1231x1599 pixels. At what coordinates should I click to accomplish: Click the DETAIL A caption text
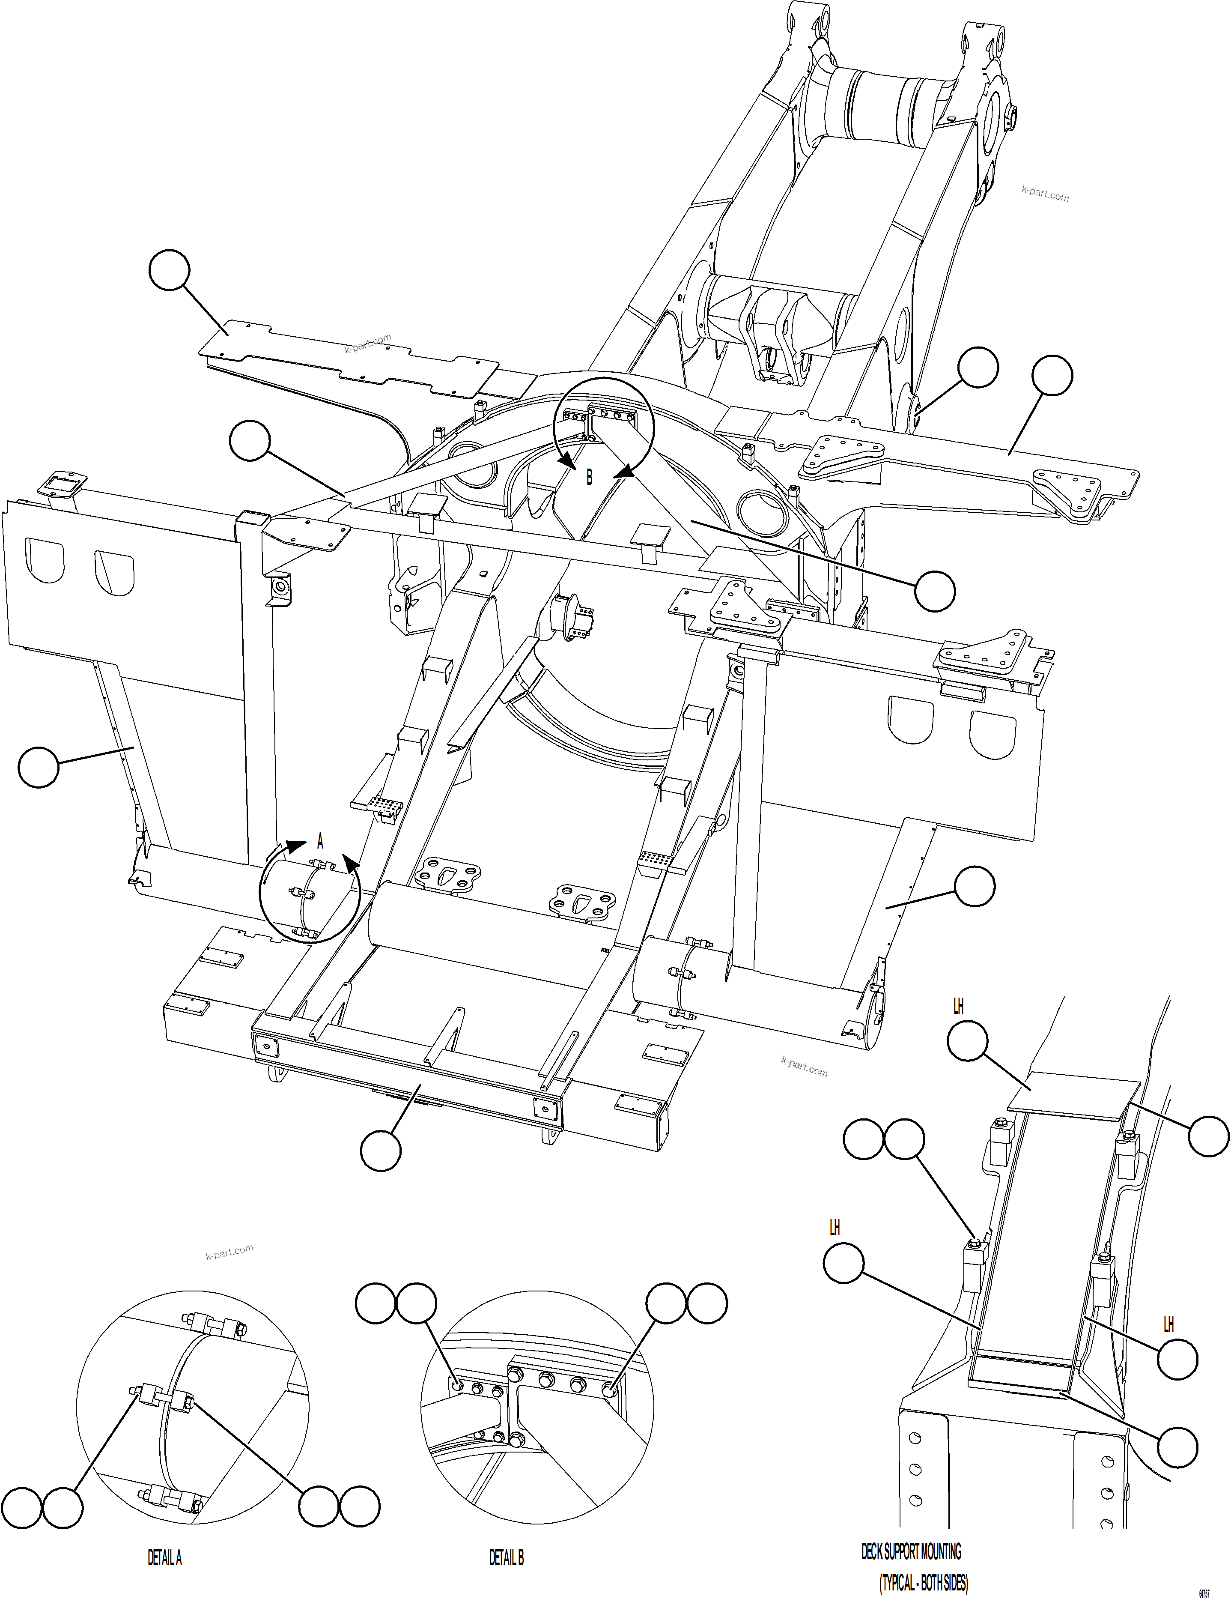165,1558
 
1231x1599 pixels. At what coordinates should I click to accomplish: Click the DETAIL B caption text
507,1558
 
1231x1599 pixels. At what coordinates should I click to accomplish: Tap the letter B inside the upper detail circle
589,478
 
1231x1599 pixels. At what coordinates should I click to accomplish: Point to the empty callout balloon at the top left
169,270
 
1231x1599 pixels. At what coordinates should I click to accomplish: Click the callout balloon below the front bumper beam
381,1150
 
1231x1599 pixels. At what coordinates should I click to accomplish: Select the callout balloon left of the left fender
38,767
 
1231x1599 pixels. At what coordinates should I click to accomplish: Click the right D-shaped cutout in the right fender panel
993,734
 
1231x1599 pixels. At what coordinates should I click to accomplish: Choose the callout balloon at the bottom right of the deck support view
1177,1447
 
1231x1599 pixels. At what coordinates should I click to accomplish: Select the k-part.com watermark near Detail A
229,1252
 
